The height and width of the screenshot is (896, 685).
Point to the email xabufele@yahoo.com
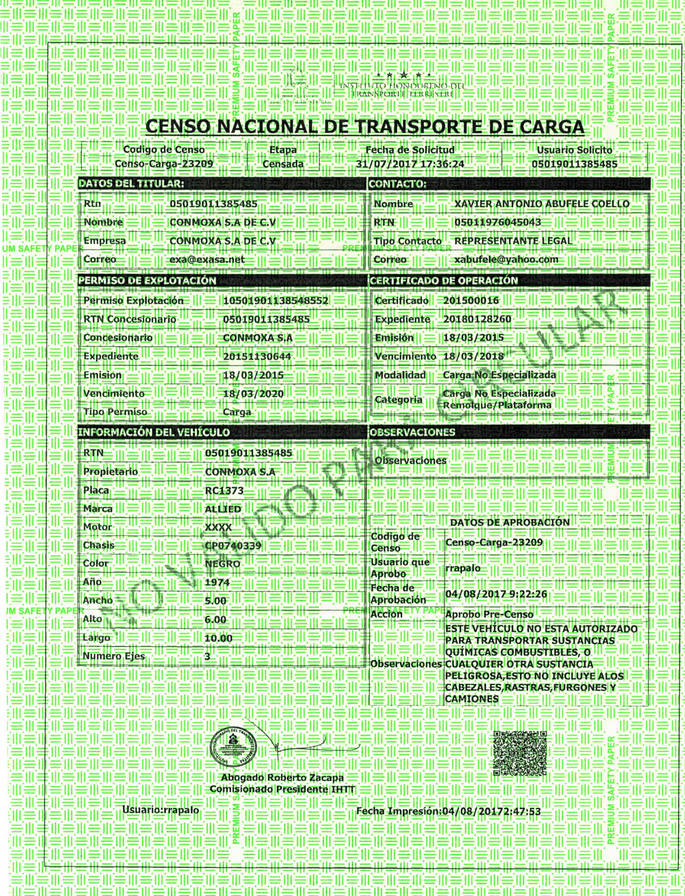[506, 260]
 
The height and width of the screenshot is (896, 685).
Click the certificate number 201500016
[471, 301]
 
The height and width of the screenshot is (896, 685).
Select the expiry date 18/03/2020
[253, 394]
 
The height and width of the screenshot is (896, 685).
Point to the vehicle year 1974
[217, 582]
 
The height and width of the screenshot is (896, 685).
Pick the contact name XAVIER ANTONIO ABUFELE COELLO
[542, 204]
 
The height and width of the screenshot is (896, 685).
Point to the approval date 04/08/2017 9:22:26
[496, 594]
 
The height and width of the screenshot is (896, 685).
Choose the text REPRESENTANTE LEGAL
[513, 241]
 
